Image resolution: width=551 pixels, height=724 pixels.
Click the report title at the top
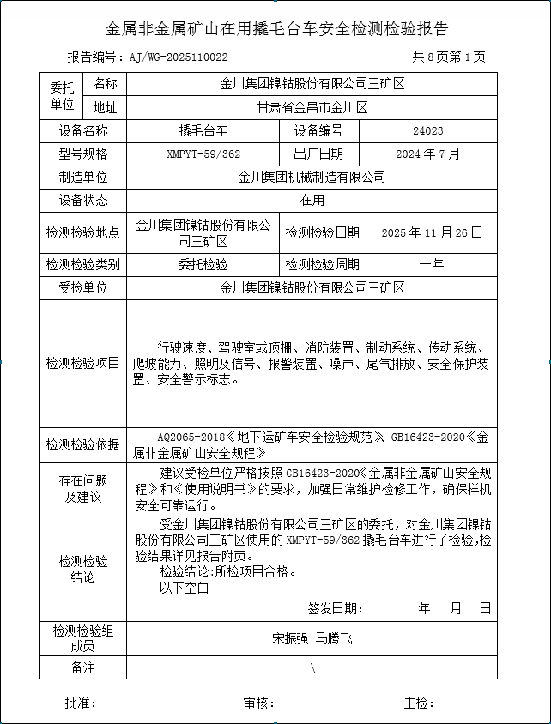pos(275,28)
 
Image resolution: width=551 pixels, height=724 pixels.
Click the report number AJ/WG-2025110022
pos(179,57)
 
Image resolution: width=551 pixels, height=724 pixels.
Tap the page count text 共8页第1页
pos(448,57)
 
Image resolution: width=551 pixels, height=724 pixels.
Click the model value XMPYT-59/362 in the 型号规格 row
pos(203,154)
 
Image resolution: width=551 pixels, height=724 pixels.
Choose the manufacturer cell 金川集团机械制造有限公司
pos(312,178)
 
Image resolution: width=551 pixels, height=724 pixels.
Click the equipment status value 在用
pos(312,201)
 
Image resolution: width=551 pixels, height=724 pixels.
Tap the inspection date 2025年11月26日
pos(432,232)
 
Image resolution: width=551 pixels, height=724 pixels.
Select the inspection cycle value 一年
pos(432,264)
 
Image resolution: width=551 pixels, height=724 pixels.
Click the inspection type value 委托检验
pos(203,264)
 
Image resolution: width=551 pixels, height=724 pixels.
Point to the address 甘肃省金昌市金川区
pos(312,108)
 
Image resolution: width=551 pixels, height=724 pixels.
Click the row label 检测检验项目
pos(83,363)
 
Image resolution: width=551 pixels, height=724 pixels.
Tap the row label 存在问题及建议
pos(83,488)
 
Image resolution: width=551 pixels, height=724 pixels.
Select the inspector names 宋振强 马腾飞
pos(312,638)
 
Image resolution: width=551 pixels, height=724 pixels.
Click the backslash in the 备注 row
pos(312,667)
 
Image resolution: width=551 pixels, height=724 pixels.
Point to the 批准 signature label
pos(81,703)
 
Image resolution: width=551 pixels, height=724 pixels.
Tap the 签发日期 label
pos(335,608)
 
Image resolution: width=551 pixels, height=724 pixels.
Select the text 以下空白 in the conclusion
pos(185,588)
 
